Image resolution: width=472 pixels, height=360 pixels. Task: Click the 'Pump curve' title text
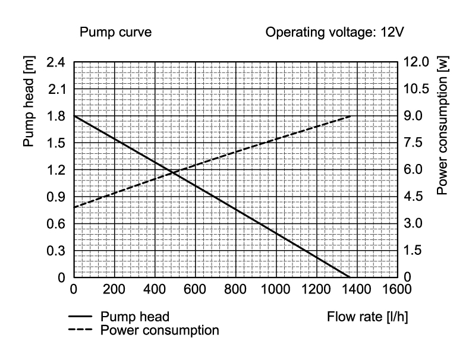[x=115, y=32]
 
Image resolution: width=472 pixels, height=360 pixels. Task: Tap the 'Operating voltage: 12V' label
[x=335, y=32]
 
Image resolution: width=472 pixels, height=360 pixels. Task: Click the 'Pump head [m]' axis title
[x=29, y=102]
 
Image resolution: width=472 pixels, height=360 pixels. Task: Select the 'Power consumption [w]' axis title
[x=442, y=125]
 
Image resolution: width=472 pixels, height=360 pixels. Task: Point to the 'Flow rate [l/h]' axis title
[x=367, y=317]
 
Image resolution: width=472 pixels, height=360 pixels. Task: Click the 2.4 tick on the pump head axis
[x=56, y=62]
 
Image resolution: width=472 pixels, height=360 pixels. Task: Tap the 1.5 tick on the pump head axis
[x=56, y=143]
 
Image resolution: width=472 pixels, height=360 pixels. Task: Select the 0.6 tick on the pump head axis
[x=56, y=224]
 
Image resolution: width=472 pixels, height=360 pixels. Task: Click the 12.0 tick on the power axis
[x=416, y=62]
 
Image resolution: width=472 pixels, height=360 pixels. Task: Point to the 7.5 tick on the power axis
[x=413, y=143]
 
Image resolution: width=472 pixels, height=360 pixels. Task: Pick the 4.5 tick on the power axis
[x=413, y=197]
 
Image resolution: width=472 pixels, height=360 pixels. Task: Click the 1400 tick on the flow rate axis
[x=357, y=289]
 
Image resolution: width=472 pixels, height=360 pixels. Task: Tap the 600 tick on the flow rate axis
[x=195, y=289]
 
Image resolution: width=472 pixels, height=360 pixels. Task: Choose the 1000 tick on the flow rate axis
[x=275, y=289]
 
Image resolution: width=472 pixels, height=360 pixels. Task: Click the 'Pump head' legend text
[x=135, y=317]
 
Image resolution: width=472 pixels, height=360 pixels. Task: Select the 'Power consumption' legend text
[x=160, y=330]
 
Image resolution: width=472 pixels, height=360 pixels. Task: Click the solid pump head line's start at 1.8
[x=74, y=116]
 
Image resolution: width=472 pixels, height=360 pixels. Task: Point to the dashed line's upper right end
[x=351, y=116]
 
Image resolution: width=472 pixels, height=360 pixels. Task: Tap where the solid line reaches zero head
[x=350, y=277]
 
